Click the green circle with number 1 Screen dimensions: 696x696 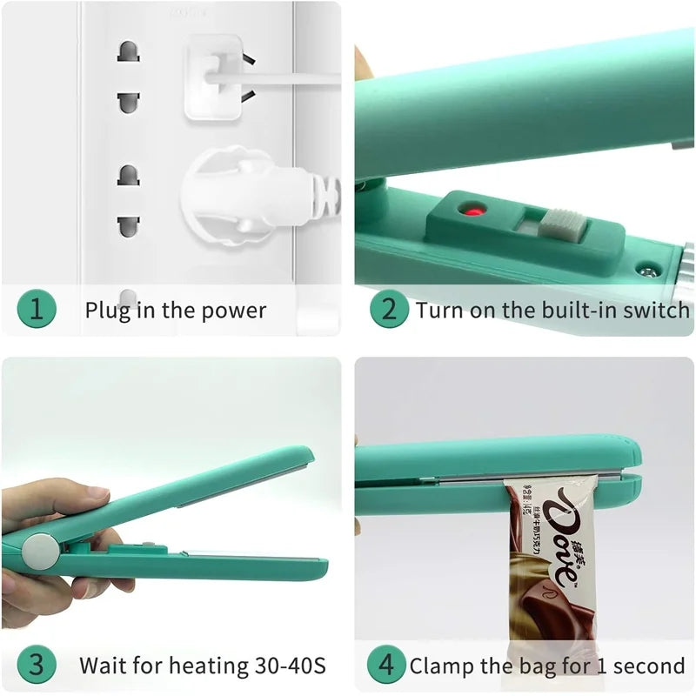coord(36,310)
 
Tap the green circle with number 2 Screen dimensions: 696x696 coord(389,310)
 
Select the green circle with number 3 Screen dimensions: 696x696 coord(36,666)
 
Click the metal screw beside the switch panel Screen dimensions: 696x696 coord(646,271)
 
